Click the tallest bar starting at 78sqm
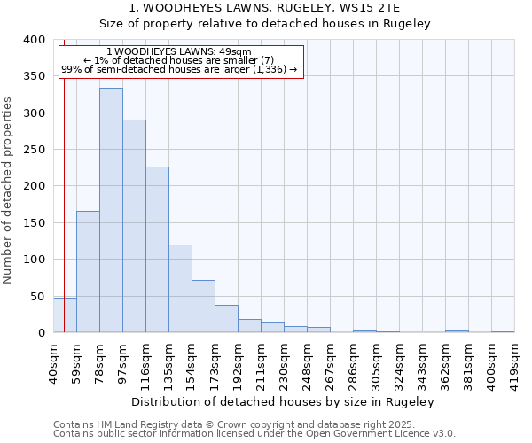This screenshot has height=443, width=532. coord(111,210)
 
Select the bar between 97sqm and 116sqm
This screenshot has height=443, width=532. coord(134,226)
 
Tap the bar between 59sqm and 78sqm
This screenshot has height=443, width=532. coord(88,271)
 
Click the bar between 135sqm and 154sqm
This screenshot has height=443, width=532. coord(180,289)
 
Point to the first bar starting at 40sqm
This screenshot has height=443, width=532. coord(65,315)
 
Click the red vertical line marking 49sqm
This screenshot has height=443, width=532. coord(65,177)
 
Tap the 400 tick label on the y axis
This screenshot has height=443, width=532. coord(34,40)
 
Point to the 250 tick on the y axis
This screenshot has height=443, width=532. coord(34,150)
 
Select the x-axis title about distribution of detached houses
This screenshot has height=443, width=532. coord(288,401)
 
